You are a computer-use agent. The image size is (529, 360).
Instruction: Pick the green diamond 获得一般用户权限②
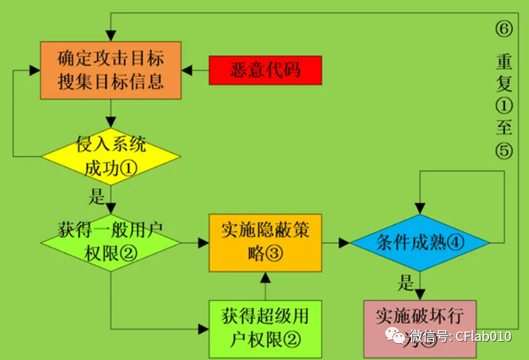pos(110,240)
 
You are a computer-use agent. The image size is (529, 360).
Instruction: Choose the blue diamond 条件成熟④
pos(420,242)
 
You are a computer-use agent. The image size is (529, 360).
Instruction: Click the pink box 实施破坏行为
pos(419,326)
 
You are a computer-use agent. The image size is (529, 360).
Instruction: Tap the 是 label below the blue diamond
pos(406,282)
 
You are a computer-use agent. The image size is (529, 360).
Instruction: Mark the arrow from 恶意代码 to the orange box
pos(196,70)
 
